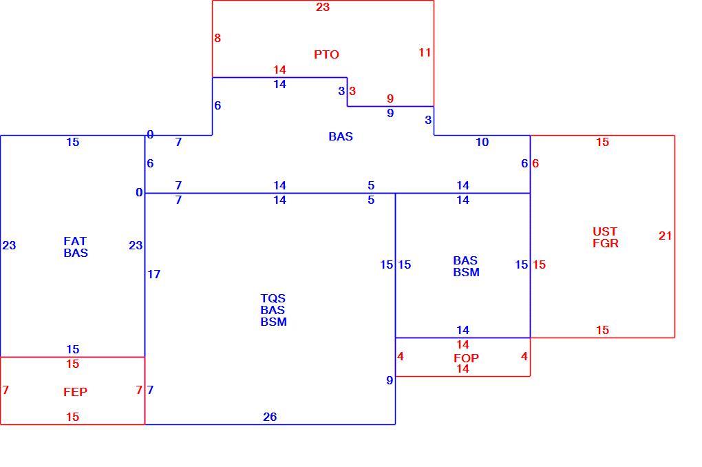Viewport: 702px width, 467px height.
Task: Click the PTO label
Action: click(x=326, y=54)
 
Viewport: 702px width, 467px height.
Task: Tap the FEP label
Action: click(x=75, y=392)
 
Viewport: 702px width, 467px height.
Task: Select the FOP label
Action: click(x=466, y=358)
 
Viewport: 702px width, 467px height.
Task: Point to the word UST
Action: click(x=605, y=231)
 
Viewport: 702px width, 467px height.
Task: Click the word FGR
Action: click(x=606, y=243)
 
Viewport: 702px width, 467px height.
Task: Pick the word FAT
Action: click(x=75, y=242)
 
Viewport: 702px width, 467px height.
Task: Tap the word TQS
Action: click(x=273, y=298)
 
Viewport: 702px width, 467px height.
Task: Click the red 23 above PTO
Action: click(x=323, y=7)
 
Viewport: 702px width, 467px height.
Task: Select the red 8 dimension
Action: click(x=217, y=38)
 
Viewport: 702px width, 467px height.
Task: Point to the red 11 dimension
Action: click(x=425, y=53)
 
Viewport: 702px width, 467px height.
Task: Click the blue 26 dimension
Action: click(x=270, y=417)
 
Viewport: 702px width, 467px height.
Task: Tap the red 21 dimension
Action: click(x=666, y=236)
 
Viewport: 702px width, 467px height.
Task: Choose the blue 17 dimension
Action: click(x=154, y=274)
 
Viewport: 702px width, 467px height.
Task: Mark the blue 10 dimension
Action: click(x=482, y=143)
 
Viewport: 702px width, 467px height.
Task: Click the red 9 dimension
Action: click(x=390, y=98)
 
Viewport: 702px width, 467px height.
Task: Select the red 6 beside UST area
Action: click(x=535, y=163)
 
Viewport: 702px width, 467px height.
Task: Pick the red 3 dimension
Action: click(x=352, y=92)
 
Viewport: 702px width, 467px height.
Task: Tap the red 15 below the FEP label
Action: click(x=72, y=417)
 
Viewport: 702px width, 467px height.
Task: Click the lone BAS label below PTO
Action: click(x=341, y=136)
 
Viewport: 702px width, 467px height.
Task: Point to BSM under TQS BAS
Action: click(x=273, y=322)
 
